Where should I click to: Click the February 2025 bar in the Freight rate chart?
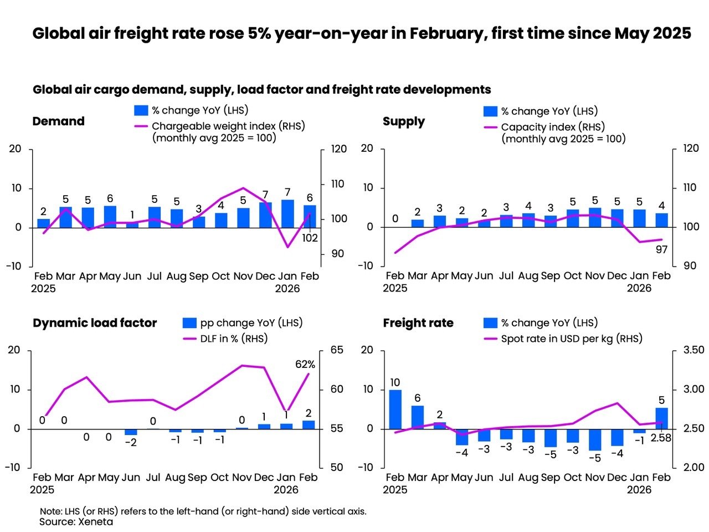(x=395, y=410)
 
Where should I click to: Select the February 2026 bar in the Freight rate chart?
(x=661, y=418)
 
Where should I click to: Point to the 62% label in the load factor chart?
(x=305, y=364)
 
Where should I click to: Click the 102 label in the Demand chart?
(x=310, y=238)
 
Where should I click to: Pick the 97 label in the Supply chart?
(x=661, y=249)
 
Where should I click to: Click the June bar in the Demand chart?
(x=132, y=225)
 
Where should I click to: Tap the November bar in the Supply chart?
(x=595, y=217)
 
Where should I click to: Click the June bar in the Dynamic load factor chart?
(x=131, y=432)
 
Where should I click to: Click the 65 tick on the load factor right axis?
(x=337, y=350)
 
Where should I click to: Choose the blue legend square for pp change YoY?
(x=189, y=323)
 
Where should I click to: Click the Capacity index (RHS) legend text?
(x=553, y=127)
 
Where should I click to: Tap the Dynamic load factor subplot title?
(x=95, y=323)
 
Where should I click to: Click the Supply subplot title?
(x=404, y=121)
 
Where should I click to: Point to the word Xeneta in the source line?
(x=95, y=521)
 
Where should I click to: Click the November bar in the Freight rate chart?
(x=595, y=439)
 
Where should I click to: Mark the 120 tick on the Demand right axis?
(x=338, y=149)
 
